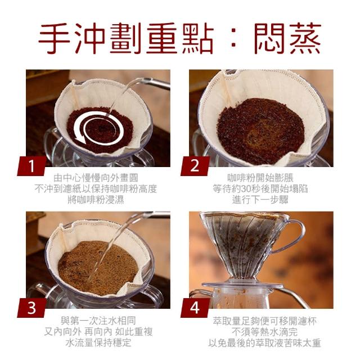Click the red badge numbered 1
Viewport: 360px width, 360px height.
click(32, 166)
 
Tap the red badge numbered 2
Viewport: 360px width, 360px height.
click(195, 166)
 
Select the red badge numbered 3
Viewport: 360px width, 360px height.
click(32, 308)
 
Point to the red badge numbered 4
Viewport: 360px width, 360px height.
click(195, 308)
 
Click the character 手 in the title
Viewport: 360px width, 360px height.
click(55, 38)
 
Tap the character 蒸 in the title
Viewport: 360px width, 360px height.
click(305, 38)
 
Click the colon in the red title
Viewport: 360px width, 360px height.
click(233, 39)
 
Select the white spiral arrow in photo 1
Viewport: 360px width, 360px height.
click(99, 128)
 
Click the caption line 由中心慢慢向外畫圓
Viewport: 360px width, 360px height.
click(96, 178)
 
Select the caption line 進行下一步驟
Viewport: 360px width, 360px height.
click(260, 200)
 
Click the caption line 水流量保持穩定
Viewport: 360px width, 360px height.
click(98, 343)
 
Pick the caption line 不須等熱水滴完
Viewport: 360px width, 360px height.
click(264, 331)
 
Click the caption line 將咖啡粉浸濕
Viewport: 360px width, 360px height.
click(96, 200)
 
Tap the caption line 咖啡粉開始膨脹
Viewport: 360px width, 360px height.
click(260, 178)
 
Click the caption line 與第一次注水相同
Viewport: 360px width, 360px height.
click(98, 320)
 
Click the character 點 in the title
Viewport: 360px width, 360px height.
click(197, 38)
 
